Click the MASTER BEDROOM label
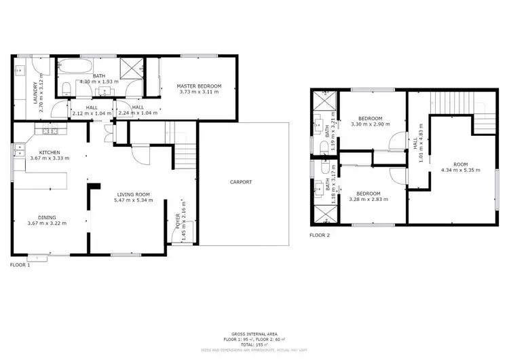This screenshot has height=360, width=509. pyautogui.click(x=198, y=86)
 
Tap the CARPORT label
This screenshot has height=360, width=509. pyautogui.click(x=240, y=182)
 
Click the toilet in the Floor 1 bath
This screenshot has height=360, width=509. pyautogui.click(x=64, y=91)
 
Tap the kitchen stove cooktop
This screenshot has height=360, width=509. pyautogui.click(x=48, y=130)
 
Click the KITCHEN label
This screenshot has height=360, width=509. pyautogui.click(x=50, y=152)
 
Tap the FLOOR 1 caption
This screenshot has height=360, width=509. pyautogui.click(x=20, y=265)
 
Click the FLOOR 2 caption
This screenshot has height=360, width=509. pyautogui.click(x=319, y=236)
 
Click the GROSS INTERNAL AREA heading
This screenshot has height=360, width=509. pyautogui.click(x=254, y=335)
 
